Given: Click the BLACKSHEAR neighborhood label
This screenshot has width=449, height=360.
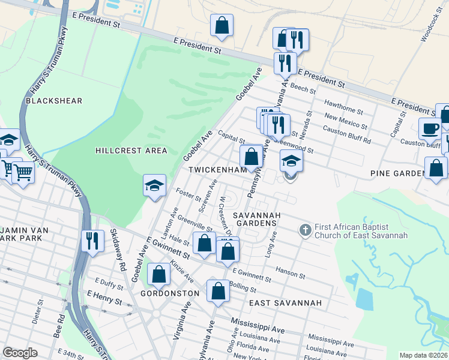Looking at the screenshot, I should click(x=53, y=101).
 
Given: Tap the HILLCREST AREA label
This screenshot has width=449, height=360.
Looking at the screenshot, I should click(x=131, y=151).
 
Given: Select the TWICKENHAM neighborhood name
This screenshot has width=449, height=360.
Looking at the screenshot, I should click(x=217, y=170).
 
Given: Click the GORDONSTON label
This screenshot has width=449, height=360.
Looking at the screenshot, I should click(x=169, y=293).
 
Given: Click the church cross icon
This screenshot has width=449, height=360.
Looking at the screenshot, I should click(x=305, y=229).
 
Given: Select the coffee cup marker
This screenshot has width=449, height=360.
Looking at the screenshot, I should click(x=430, y=128).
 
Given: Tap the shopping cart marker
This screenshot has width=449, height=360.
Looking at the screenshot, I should click(x=23, y=172).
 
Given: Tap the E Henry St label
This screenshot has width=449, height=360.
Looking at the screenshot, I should click(x=104, y=298).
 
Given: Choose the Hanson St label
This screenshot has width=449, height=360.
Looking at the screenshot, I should click(x=291, y=274).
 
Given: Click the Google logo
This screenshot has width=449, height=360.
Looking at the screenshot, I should click(x=20, y=353).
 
